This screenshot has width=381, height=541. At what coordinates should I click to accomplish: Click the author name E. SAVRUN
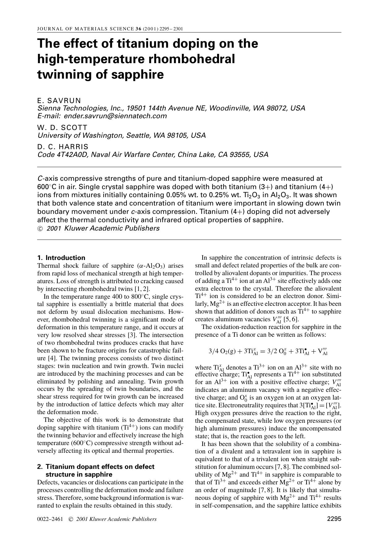pos(59,101)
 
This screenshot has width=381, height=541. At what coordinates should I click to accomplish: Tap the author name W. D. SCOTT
pos(62,128)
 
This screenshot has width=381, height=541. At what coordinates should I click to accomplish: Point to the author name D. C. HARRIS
pos(63,147)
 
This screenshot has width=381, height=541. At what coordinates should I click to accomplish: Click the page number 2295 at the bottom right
pos(334,519)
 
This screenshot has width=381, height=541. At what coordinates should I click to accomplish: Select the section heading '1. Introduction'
pos(61,258)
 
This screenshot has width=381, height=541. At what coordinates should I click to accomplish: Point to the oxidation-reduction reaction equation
pos(268,351)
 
